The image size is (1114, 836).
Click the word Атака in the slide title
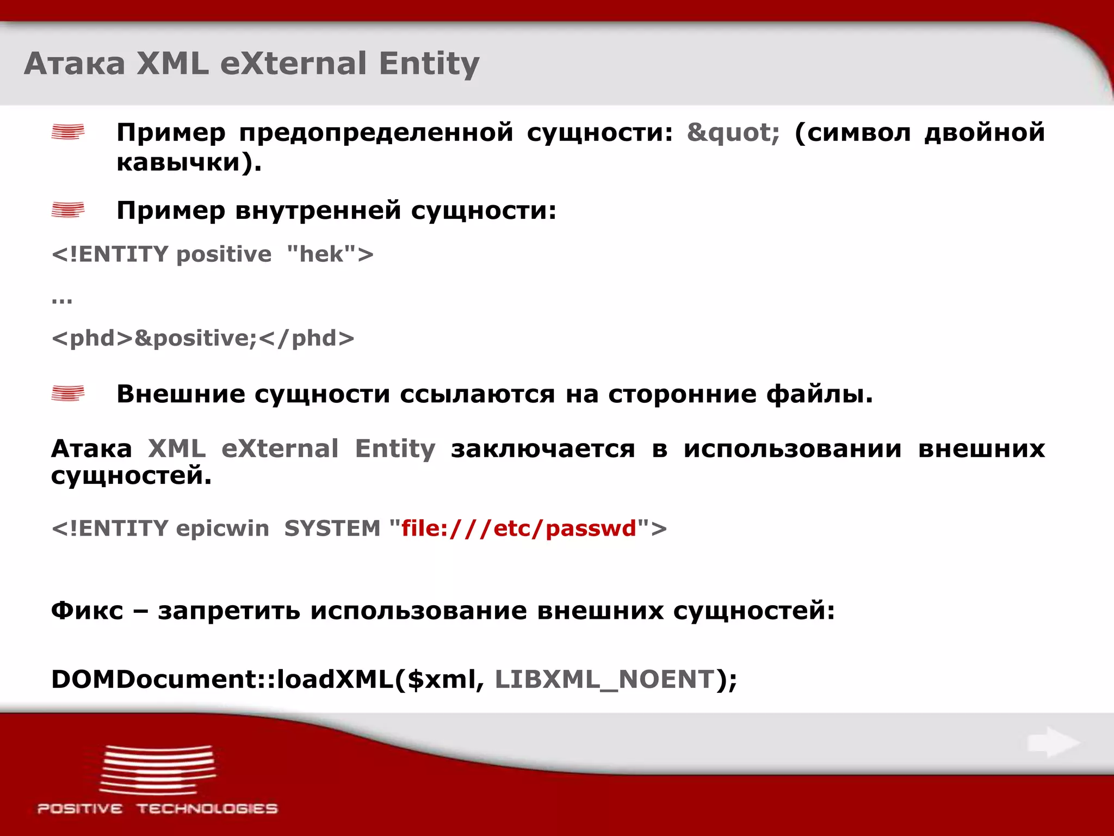click(75, 64)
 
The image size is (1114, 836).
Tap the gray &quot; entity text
click(733, 132)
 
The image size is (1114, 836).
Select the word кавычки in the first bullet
click(178, 162)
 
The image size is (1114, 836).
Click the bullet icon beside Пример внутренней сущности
click(68, 210)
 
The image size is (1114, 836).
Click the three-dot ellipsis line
click(62, 299)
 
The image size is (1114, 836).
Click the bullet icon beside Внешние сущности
click(68, 394)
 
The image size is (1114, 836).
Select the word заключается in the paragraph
click(542, 449)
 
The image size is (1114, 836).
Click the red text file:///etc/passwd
click(518, 528)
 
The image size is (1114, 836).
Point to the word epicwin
click(222, 528)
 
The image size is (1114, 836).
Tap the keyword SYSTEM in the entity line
click(332, 528)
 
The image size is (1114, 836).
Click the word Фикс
click(87, 610)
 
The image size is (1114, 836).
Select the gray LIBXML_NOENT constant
click(604, 679)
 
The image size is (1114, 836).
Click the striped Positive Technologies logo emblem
click(157, 769)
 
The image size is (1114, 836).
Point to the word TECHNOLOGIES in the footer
click(207, 809)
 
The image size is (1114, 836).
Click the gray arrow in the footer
click(1053, 742)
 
